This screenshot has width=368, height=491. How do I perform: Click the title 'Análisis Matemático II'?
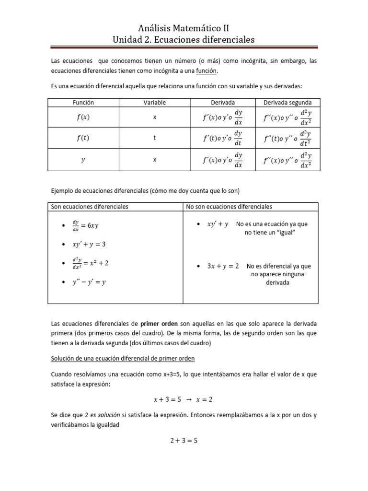coord(184,28)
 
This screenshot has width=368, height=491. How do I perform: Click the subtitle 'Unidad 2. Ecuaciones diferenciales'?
coord(184,39)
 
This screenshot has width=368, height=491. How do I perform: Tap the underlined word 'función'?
coord(207,70)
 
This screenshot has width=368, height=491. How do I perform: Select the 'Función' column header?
coord(83,103)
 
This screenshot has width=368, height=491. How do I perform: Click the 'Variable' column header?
coord(155,103)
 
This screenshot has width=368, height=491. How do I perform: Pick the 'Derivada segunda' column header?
coord(287,103)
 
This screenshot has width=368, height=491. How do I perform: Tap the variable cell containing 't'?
coord(155,139)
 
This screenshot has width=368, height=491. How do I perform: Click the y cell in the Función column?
coord(83,161)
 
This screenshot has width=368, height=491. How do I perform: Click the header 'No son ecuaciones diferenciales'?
coord(229,207)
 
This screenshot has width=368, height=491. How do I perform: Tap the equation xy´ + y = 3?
coord(89,244)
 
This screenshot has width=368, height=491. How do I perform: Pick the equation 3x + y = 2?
coord(223,266)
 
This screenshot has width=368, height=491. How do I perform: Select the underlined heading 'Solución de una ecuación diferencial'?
coord(123,359)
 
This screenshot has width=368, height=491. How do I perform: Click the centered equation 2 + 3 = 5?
coord(184,441)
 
